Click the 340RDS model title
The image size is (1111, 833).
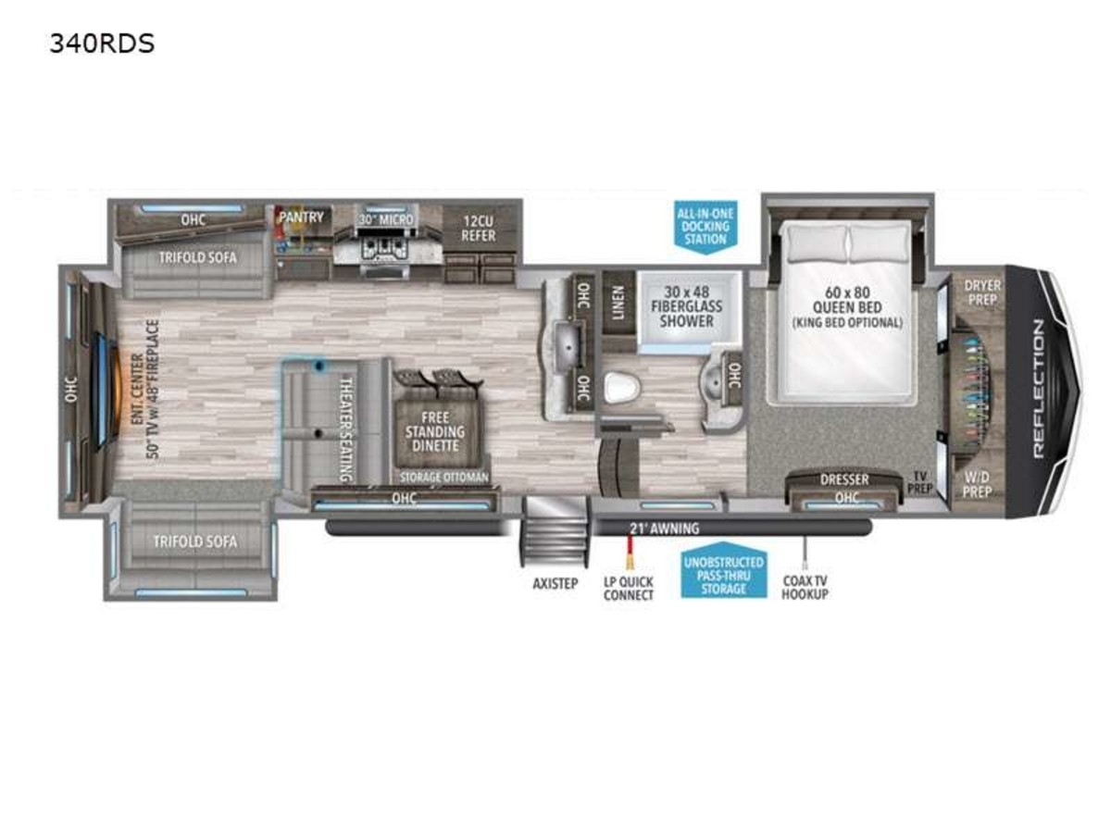click(x=102, y=44)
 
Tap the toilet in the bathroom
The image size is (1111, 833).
click(x=622, y=388)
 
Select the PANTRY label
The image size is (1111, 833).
click(x=302, y=217)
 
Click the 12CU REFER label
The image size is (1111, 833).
click(x=479, y=229)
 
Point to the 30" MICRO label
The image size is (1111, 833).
click(x=386, y=219)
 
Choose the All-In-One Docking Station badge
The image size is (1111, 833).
click(x=705, y=227)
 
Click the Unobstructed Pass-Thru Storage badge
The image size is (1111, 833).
click(x=723, y=569)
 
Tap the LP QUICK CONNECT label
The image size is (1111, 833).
click(x=628, y=589)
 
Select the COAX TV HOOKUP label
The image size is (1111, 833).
click(x=805, y=587)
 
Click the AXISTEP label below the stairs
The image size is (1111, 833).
click(x=555, y=584)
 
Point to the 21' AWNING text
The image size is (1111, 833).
click(x=664, y=528)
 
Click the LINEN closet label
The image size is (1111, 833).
click(x=618, y=303)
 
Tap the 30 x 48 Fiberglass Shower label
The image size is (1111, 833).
click(x=686, y=306)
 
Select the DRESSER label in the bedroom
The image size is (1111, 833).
click(x=844, y=479)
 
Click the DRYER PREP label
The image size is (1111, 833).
click(x=982, y=292)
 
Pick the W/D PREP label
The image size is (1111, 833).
click(x=977, y=483)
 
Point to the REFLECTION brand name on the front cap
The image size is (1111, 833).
click(x=1038, y=390)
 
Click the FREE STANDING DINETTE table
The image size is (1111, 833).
click(x=435, y=431)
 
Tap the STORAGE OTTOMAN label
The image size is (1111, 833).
click(x=443, y=477)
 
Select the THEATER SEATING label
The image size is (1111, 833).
click(x=346, y=429)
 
